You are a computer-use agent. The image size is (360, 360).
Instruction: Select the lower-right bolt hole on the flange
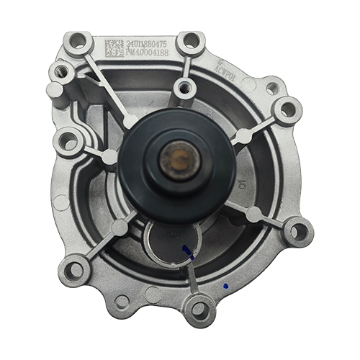click(297, 232)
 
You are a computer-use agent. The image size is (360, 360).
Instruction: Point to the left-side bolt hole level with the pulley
click(68, 141)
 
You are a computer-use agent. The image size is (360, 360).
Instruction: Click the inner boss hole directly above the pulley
click(186, 88)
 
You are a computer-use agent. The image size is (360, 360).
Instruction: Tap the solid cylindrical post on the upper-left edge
click(55, 90)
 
